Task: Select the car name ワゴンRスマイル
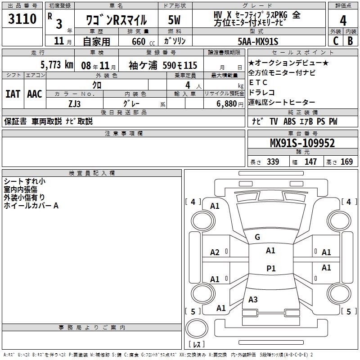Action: [116, 20]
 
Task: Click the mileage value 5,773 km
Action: [57, 65]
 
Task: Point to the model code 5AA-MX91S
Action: [258, 41]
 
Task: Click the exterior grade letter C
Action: [335, 41]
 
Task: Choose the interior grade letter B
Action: [350, 41]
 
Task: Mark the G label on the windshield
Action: [257, 237]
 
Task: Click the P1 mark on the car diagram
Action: [270, 268]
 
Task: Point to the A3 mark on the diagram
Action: [253, 299]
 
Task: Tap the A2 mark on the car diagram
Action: [215, 252]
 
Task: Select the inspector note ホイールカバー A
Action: [31, 206]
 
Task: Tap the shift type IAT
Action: [13, 94]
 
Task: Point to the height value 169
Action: [346, 162]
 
